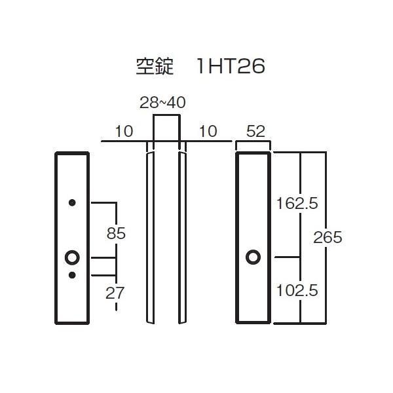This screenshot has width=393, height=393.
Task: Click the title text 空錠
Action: click(154, 67)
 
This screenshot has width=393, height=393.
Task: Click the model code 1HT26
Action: click(230, 67)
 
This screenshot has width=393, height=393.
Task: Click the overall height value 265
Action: click(327, 237)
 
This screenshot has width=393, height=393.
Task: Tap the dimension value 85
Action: click(116, 233)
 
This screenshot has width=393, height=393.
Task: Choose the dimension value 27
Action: click(116, 293)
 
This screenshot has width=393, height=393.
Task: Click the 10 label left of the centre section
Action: click(123, 131)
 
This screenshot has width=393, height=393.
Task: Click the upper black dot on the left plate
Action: click(72, 202)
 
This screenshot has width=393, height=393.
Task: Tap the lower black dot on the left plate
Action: click(72, 274)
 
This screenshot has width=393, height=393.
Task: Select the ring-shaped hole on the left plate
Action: click(72, 257)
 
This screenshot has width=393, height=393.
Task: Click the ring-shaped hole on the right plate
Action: click(253, 257)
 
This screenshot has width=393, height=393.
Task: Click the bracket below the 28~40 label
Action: click(166, 117)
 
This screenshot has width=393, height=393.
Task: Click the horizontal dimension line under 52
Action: click(254, 141)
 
